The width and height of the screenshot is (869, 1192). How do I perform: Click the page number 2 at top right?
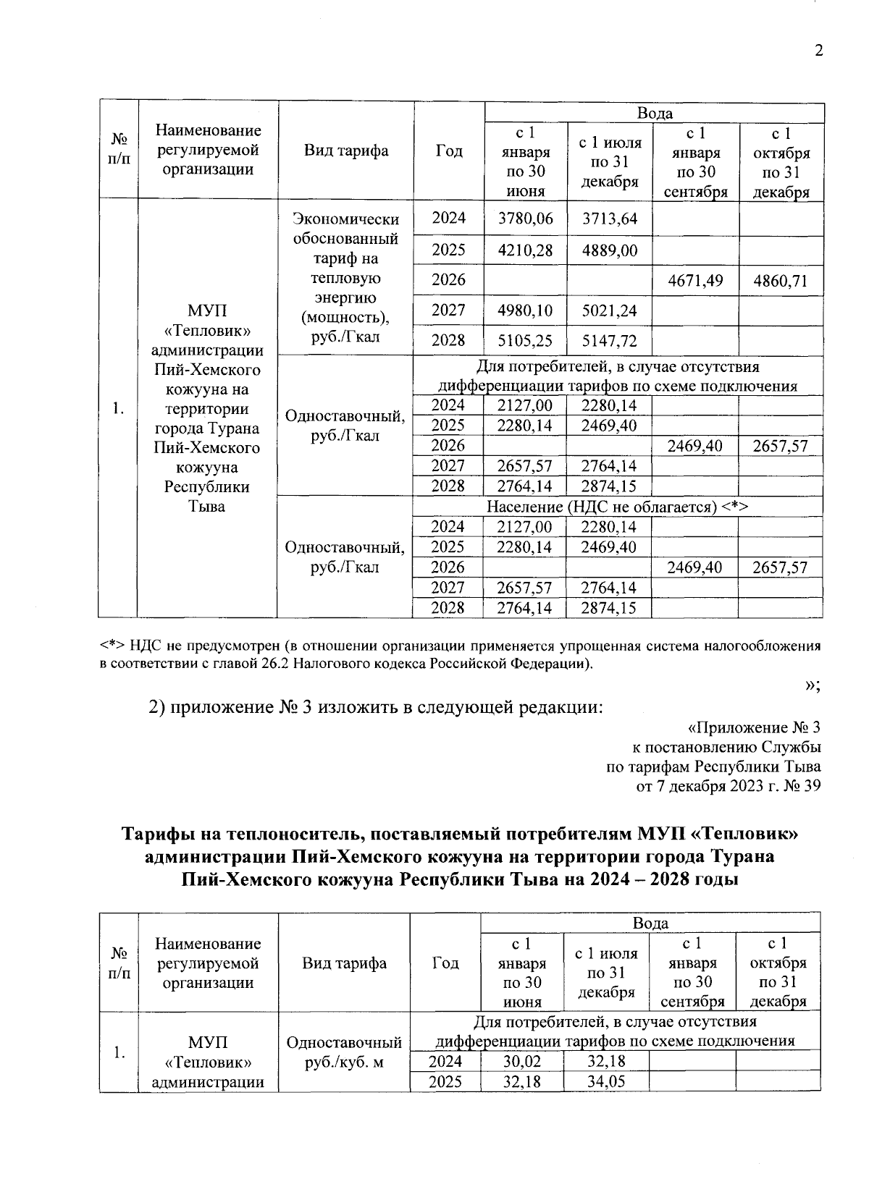tap(818, 51)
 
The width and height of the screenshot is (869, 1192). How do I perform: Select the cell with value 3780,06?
tap(525, 219)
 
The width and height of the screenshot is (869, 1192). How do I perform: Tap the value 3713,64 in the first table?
tap(610, 219)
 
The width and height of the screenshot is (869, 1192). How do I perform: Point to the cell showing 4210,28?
tap(525, 250)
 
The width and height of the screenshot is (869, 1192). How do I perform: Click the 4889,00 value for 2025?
tap(610, 250)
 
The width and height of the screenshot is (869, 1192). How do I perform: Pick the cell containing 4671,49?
tap(695, 280)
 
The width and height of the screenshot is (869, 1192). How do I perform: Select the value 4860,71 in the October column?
tap(780, 280)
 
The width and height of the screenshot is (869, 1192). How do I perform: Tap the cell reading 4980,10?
tap(525, 310)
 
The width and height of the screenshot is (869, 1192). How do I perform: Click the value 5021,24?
tap(610, 310)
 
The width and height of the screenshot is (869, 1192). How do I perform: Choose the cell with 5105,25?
tap(525, 341)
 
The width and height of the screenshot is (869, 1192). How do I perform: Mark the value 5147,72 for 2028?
tap(610, 341)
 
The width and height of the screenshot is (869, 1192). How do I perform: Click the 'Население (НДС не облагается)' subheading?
tap(617, 507)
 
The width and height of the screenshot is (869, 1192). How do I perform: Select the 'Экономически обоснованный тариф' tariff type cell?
tap(345, 278)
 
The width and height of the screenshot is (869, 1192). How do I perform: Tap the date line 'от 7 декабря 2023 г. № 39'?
tap(728, 786)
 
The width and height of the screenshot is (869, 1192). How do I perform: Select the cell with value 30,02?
tap(522, 1061)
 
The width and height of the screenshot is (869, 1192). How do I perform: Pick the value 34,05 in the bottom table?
tap(607, 1081)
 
